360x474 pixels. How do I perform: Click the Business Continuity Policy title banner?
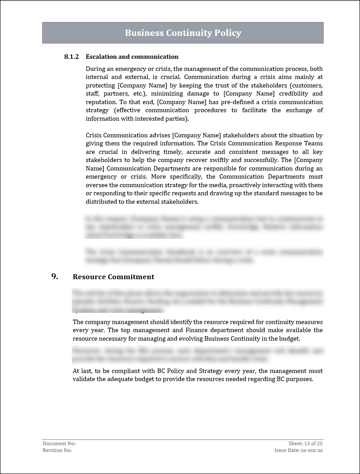183,33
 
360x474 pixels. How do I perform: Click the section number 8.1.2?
71,57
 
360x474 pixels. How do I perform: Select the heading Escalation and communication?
132,57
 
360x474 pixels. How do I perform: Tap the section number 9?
55,276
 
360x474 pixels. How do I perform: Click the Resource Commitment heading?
113,277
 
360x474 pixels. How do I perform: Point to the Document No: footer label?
56,443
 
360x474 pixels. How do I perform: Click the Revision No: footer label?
57,450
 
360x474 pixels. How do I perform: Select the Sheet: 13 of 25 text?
305,443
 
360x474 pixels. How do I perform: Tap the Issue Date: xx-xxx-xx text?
299,450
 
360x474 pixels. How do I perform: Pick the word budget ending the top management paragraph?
290,338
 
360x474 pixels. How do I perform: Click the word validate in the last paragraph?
84,379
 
